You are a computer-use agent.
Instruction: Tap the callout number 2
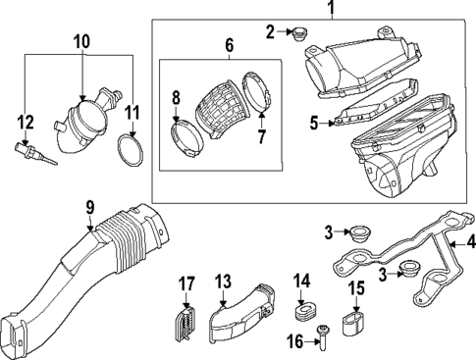tap(270, 32)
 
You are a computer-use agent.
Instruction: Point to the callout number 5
tap(315, 124)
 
